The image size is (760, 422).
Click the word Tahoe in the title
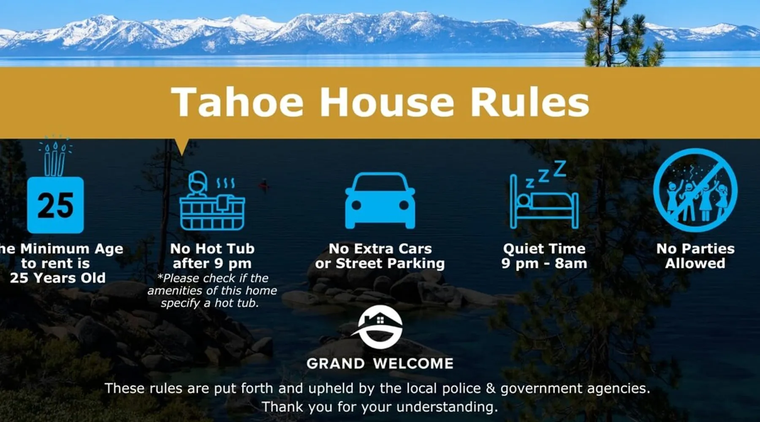[x=237, y=102]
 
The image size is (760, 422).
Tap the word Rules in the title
[x=529, y=102]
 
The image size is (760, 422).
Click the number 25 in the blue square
[x=55, y=206]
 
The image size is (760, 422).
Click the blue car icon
[x=380, y=200]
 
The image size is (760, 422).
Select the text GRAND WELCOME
[x=380, y=363]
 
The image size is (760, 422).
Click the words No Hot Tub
[x=212, y=249]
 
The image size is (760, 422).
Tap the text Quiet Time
[x=544, y=249]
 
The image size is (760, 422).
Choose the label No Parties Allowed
[x=695, y=256]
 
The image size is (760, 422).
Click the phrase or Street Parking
[x=380, y=263]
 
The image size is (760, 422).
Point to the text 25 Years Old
[x=58, y=278]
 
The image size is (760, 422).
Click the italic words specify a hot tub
[x=209, y=303]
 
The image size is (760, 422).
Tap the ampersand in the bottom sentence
[x=490, y=388]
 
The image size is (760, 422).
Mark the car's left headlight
[x=356, y=205]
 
